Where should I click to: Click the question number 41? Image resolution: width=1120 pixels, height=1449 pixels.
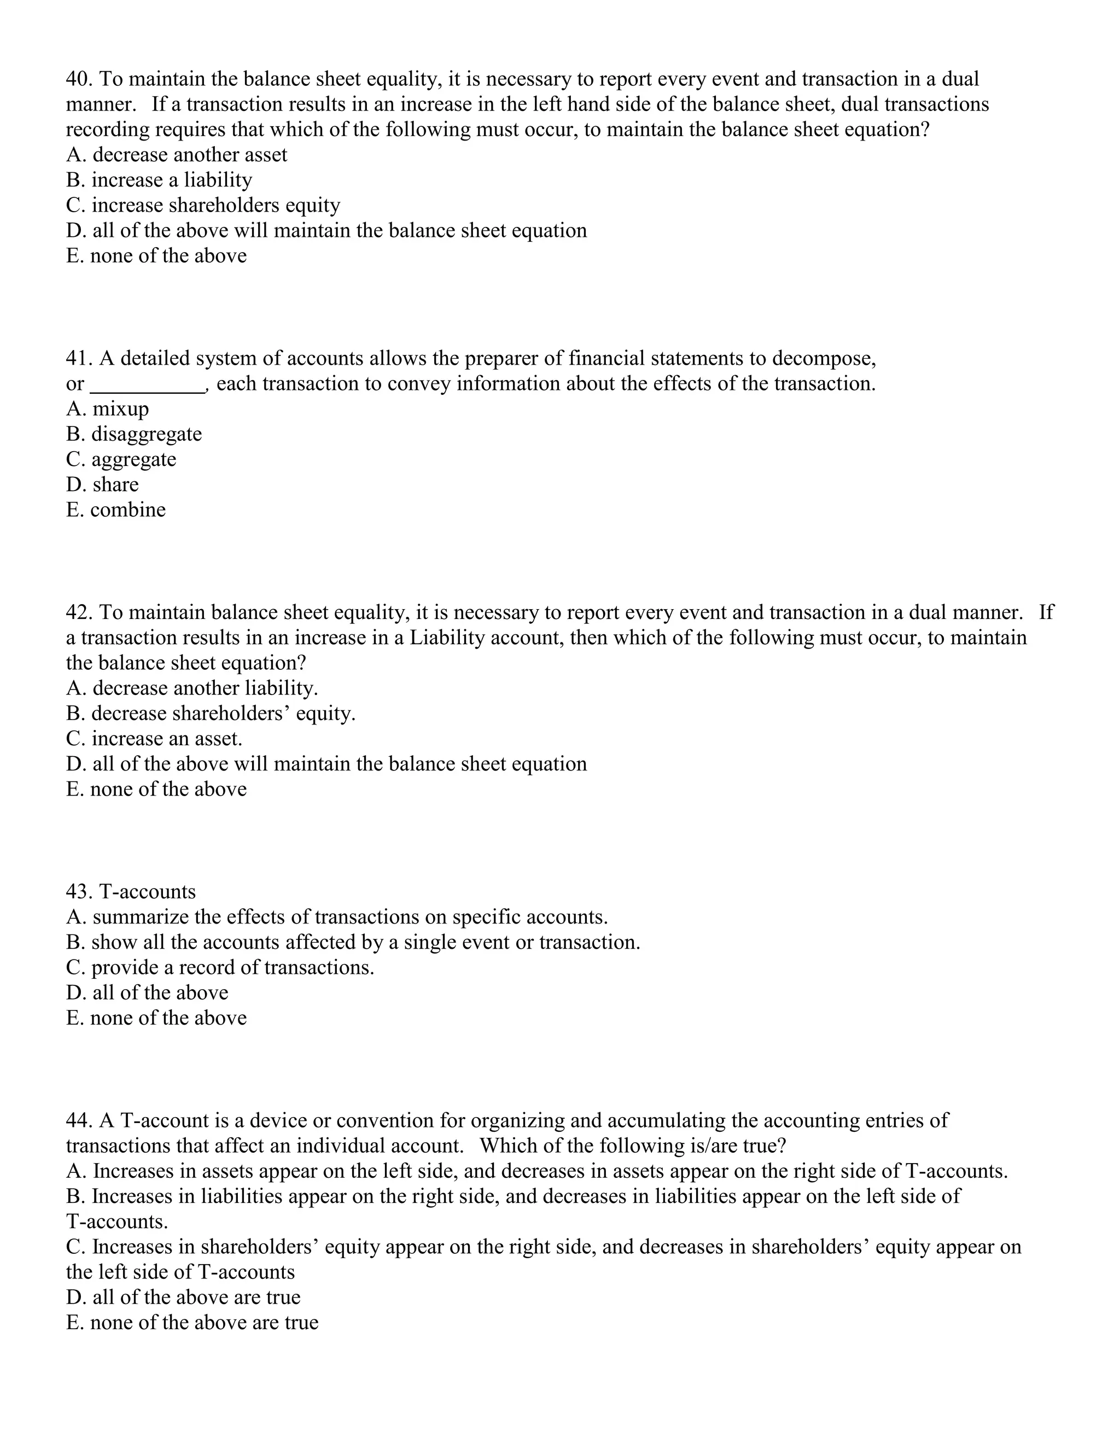click(x=79, y=359)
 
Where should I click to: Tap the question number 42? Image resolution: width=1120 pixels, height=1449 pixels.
click(x=79, y=612)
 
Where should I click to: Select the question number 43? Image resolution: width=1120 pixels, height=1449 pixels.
click(x=79, y=892)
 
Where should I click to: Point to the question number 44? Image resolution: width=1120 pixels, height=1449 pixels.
click(x=79, y=1120)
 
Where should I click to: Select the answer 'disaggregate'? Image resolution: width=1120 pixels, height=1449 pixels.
click(x=146, y=435)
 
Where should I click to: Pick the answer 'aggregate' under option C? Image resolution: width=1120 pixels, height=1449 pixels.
click(x=133, y=460)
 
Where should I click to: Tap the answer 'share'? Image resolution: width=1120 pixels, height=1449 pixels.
click(x=115, y=485)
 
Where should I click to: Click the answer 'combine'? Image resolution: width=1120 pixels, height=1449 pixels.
click(x=127, y=510)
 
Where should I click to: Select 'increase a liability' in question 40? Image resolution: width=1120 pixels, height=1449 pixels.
click(x=171, y=180)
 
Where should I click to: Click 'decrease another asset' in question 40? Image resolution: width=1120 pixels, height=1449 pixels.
click(x=189, y=155)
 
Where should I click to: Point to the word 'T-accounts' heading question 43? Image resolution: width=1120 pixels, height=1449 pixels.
click(x=147, y=892)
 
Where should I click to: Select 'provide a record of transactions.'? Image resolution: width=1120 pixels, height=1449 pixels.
click(x=232, y=968)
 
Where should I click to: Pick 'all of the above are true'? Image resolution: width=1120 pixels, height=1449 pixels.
click(x=196, y=1298)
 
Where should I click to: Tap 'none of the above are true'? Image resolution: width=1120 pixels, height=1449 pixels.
click(x=203, y=1323)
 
